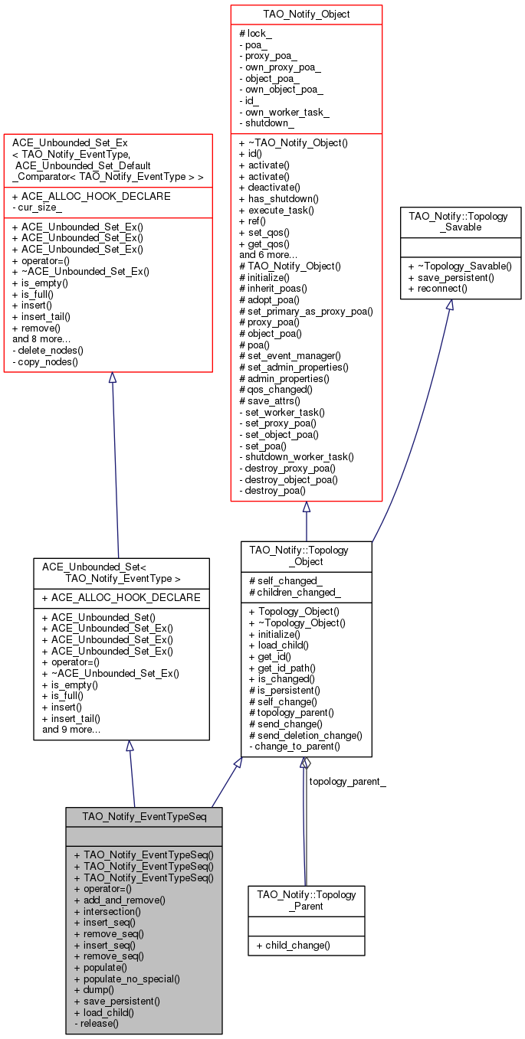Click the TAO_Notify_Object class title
click(306, 14)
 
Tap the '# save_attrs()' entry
click(271, 400)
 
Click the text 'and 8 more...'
click(41, 338)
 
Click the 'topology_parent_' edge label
click(346, 782)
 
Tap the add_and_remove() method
click(120, 900)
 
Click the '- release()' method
click(97, 1023)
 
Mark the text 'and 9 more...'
click(71, 730)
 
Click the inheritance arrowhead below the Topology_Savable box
click(450, 305)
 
